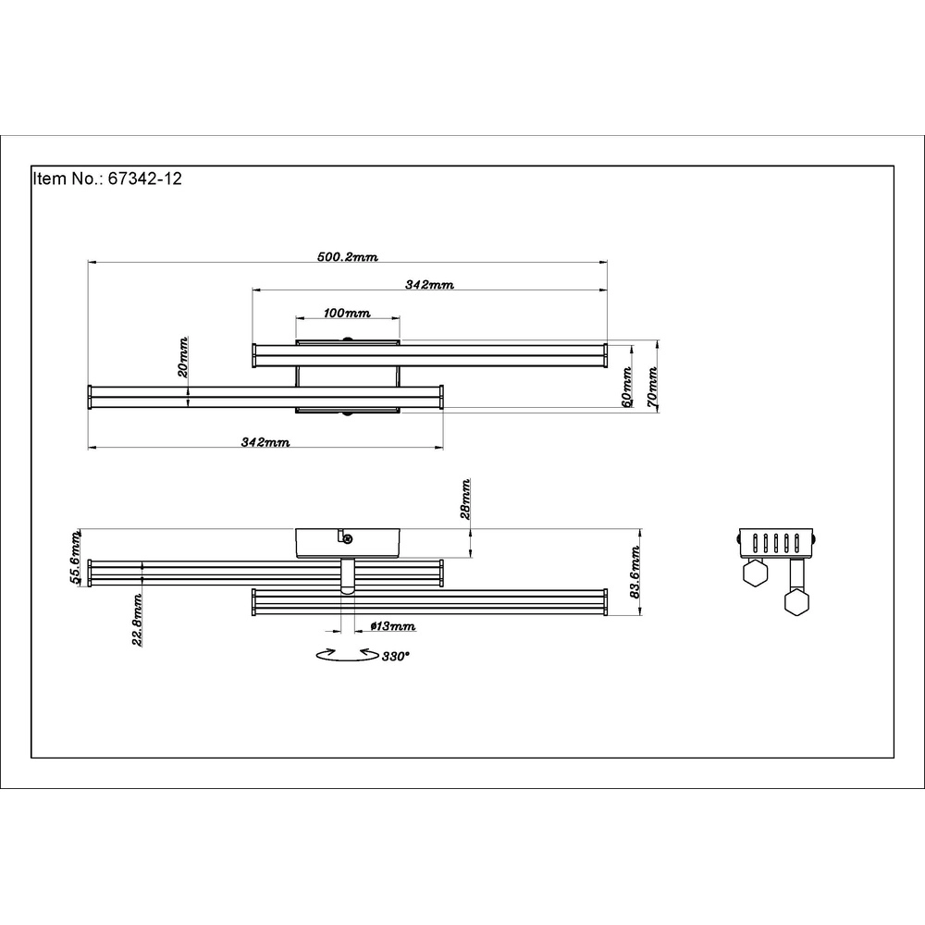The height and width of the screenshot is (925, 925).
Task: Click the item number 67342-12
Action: (x=144, y=179)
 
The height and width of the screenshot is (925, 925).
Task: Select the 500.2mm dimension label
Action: (x=348, y=256)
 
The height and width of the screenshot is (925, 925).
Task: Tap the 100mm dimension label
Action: (x=347, y=313)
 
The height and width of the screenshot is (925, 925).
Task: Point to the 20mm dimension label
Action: (x=183, y=357)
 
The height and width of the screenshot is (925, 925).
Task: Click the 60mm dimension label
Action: (x=627, y=387)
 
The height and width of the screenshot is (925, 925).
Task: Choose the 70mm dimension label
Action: (x=652, y=387)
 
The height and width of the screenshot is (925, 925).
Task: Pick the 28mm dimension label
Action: (x=465, y=499)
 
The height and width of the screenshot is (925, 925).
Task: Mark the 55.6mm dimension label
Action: (x=76, y=557)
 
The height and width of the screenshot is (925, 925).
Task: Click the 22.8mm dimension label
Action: (x=137, y=620)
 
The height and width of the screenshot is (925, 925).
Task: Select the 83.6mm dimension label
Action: (x=635, y=573)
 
